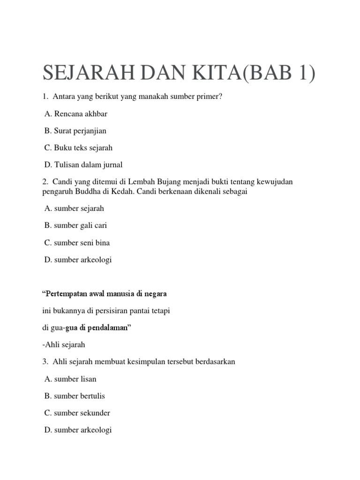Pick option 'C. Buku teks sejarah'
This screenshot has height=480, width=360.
(x=79, y=148)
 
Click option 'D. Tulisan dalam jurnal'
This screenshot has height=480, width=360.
(x=83, y=165)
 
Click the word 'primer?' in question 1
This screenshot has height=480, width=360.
(x=210, y=97)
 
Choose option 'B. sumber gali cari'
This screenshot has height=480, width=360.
(x=76, y=225)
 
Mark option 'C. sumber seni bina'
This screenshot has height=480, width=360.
(x=77, y=243)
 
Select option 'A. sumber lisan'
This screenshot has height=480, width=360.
(x=71, y=379)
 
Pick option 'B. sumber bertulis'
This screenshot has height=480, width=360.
(x=75, y=396)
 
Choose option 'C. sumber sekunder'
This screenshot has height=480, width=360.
(x=77, y=413)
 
